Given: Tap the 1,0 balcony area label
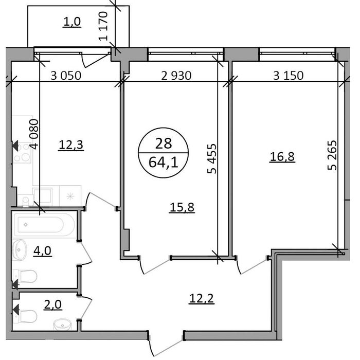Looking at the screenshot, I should (x=72, y=22).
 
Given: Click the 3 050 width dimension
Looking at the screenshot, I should (x=68, y=76).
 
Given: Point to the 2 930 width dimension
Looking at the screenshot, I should (x=176, y=76).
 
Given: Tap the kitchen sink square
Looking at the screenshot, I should (x=42, y=196).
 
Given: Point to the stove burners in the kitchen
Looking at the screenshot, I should (x=23, y=153).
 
